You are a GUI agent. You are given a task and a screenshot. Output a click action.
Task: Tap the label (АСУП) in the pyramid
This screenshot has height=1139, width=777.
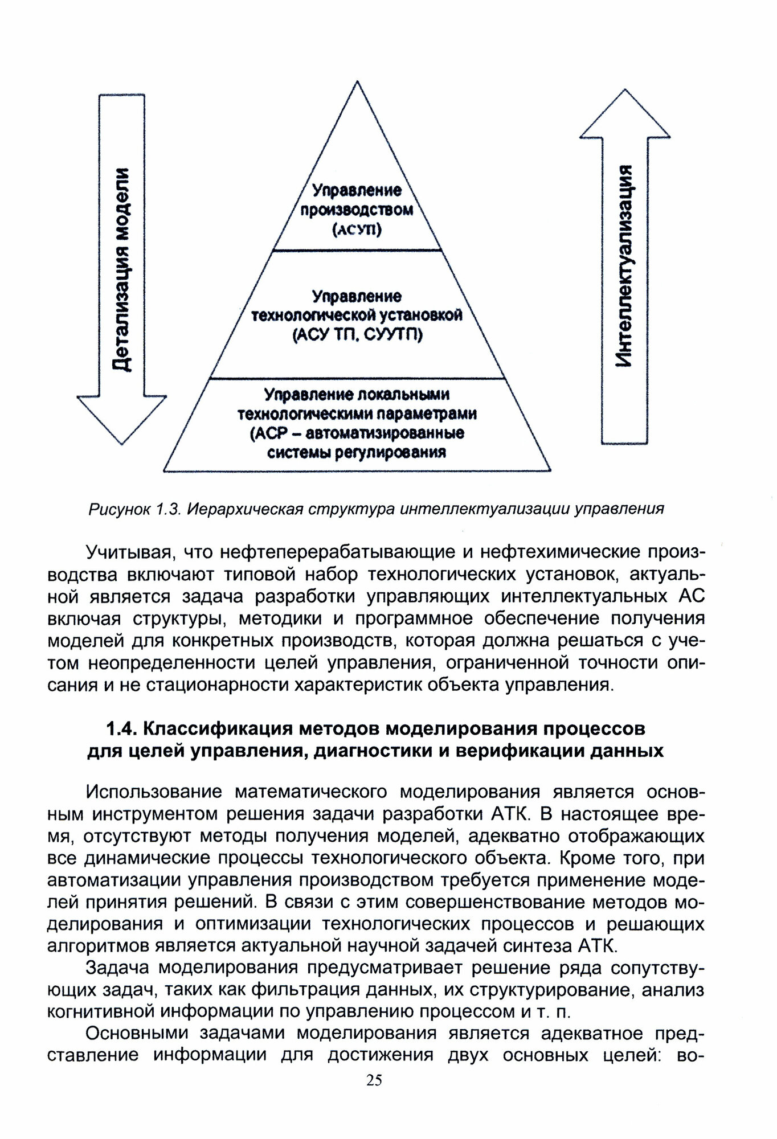coord(357,230)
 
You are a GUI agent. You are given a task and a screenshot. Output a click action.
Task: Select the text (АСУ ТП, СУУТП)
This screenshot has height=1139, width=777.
coord(357,335)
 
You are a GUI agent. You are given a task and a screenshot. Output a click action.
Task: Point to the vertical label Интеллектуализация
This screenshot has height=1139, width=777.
coord(625,266)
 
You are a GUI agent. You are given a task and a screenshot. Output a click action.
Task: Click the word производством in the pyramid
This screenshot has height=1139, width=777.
coord(357,210)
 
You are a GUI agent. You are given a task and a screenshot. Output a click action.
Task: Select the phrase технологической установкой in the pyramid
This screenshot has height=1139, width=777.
coord(357,315)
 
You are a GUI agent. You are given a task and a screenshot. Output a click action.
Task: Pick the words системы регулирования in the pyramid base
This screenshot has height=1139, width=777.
coord(357,453)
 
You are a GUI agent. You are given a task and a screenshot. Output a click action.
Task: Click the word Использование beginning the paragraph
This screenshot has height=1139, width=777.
coord(155,792)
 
